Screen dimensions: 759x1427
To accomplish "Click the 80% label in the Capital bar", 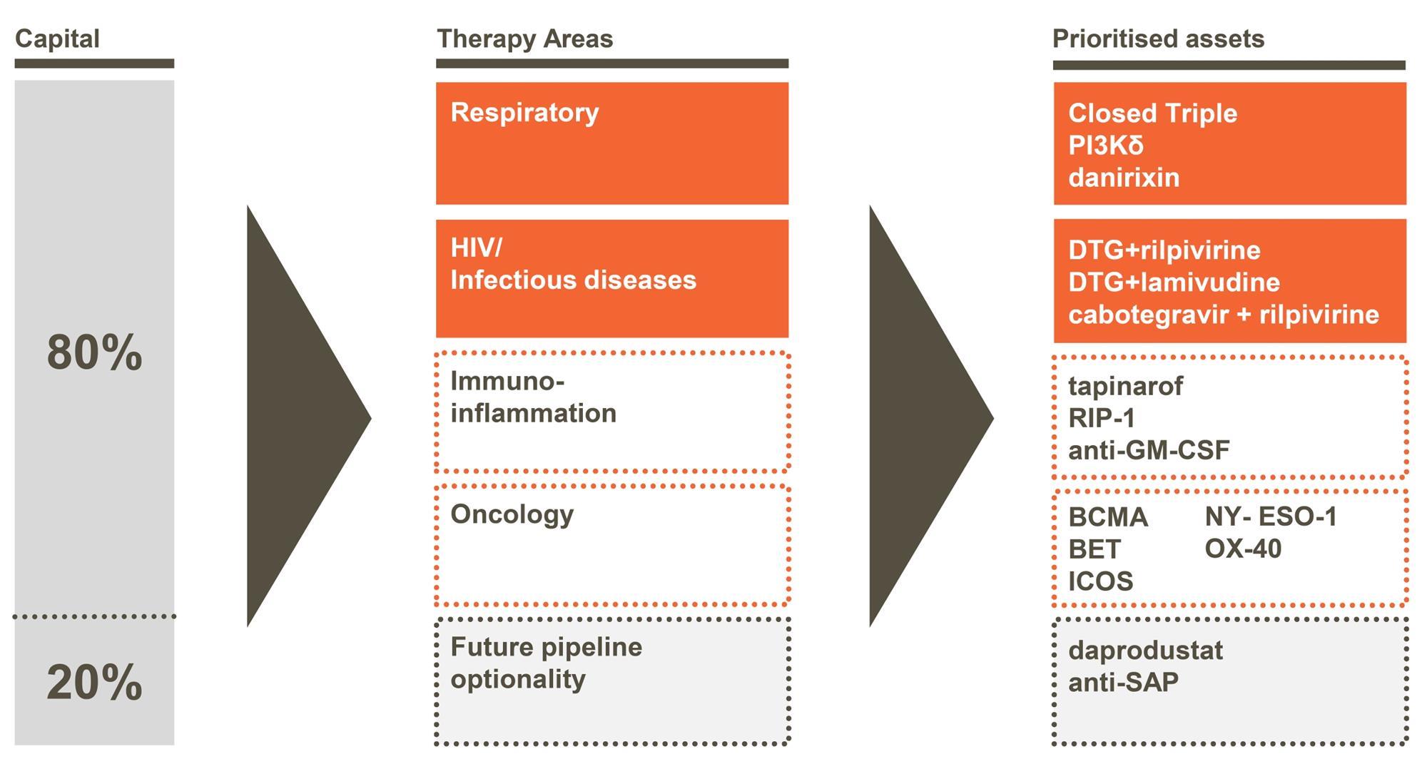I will pos(94,352).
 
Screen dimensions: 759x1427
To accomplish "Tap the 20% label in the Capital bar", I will pos(94,682).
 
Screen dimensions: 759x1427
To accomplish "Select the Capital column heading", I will pos(57,39).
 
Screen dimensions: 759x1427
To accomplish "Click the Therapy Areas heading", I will pos(524,39).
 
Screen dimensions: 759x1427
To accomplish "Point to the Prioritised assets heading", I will pos(1158,39).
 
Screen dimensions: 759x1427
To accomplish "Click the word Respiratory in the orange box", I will pos(524,113).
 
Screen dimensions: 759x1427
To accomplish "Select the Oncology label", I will pos(512,514).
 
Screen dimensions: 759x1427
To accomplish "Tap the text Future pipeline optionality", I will pos(546,663).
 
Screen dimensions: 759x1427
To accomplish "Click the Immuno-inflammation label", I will pos(533,397).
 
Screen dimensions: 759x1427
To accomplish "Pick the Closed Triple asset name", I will pos(1152,113).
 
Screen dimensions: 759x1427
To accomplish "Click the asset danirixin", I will pos(1124,178).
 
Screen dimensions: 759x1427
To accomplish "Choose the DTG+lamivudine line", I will pos(1174,282).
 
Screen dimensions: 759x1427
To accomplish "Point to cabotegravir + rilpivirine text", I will pos(1224,315).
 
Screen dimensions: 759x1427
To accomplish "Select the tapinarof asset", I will pos(1125,387).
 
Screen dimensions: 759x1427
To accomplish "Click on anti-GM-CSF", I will pos(1149,450).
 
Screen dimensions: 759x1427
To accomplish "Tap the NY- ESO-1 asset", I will pos(1271,516).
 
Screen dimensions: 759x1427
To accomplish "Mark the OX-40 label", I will pos(1243,549).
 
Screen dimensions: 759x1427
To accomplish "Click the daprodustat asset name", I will pos(1145,651).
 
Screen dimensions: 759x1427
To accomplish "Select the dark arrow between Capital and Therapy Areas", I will pos(300,417).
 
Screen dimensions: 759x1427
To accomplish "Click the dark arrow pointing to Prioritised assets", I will pos(922,417).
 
